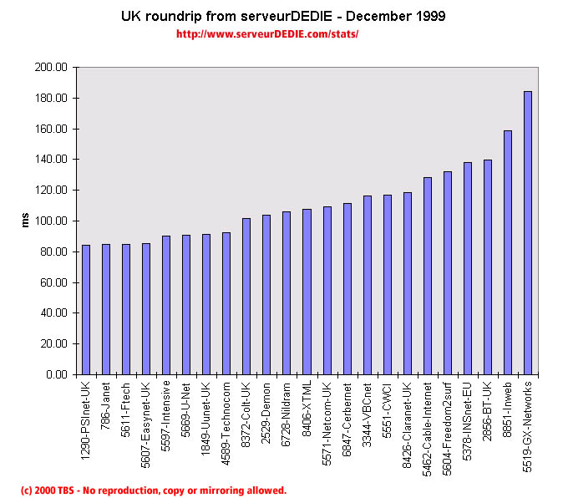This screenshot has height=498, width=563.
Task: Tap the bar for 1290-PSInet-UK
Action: [x=86, y=309]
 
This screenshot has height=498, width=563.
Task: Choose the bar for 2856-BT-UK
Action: [x=488, y=267]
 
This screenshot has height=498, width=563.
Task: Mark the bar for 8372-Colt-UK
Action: [x=246, y=296]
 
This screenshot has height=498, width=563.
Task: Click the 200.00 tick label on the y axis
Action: [x=49, y=67]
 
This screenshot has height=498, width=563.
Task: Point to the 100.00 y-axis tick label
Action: [x=49, y=221]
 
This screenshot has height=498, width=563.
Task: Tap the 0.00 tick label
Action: [x=55, y=374]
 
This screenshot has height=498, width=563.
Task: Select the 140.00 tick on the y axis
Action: [x=49, y=159]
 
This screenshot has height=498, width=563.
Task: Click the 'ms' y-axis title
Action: [x=25, y=221]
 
